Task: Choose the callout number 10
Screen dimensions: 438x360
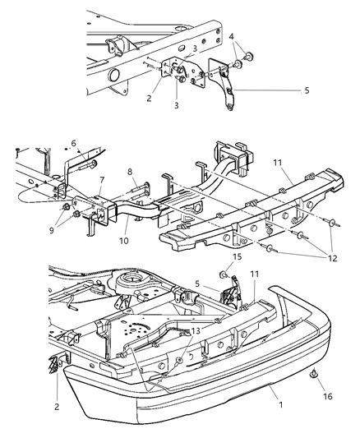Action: (x=125, y=242)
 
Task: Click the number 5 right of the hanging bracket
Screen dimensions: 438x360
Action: (x=306, y=90)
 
